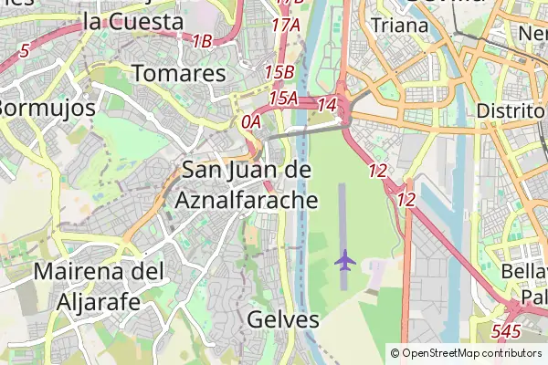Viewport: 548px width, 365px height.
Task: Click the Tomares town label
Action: [178, 73]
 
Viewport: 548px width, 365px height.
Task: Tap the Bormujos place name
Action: [46, 108]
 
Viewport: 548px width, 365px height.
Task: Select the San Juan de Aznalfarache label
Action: [248, 184]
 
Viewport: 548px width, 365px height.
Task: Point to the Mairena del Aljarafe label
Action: [99, 286]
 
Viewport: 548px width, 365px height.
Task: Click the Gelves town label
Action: [283, 319]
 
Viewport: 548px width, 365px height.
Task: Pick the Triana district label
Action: [399, 26]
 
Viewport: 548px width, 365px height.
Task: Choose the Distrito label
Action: [511, 110]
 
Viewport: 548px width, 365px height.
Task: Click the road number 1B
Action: [202, 41]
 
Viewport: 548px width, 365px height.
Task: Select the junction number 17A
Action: [286, 26]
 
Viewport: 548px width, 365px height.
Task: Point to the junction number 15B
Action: [279, 71]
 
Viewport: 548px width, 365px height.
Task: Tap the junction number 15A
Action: [283, 97]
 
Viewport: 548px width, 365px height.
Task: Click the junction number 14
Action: [327, 106]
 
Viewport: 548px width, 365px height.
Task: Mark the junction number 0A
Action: [251, 120]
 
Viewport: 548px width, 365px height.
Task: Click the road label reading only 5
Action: [23, 51]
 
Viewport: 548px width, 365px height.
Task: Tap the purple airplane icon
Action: [344, 260]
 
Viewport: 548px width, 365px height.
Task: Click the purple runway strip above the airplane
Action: [342, 214]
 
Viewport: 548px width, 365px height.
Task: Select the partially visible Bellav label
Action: [524, 273]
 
